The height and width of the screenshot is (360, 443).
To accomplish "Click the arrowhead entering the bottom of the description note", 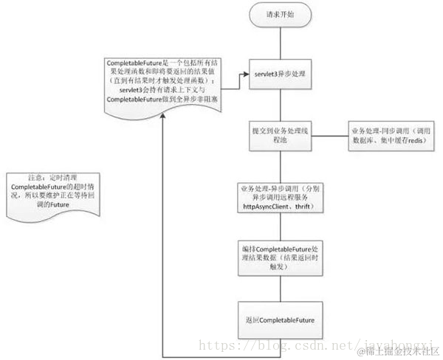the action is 162,120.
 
